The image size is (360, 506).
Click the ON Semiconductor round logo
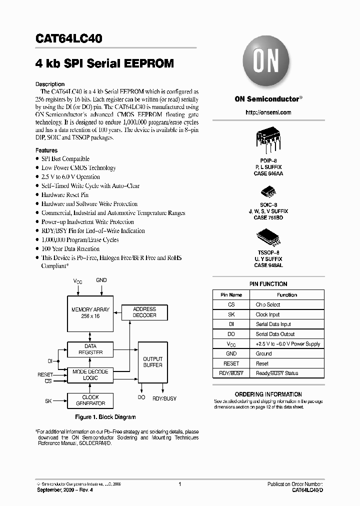267,63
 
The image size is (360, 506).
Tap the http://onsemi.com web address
268,112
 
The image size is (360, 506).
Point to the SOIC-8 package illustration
267,192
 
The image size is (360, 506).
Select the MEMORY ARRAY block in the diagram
90,313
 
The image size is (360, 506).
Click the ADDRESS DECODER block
144,312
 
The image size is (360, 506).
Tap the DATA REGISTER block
90,349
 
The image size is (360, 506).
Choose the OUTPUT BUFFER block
152,362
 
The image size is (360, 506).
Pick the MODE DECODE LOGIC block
90,375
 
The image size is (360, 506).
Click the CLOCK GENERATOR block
90,400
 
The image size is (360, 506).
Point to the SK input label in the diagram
48,400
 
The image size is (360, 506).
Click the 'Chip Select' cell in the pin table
268,304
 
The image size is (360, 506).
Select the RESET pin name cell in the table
231,363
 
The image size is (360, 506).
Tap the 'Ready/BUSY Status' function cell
277,373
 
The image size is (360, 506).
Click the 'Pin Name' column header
231,295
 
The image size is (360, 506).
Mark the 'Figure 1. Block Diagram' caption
105,417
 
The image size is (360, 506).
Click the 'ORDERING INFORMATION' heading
268,394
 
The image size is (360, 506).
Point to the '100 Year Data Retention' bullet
70,249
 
